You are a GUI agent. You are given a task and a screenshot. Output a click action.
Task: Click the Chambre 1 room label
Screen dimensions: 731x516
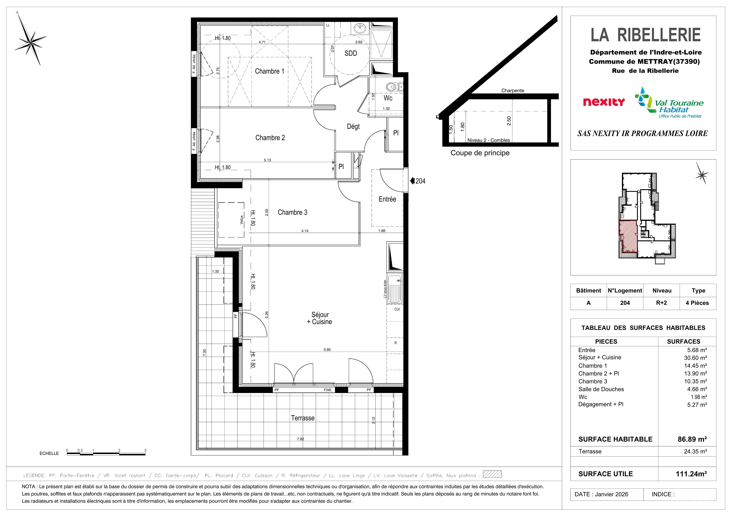click(269, 71)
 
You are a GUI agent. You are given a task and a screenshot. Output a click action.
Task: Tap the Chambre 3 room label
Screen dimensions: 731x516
click(292, 212)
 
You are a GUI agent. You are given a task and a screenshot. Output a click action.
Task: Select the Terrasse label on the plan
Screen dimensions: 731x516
click(303, 418)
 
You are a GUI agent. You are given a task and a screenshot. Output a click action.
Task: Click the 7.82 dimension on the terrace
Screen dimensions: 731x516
click(300, 439)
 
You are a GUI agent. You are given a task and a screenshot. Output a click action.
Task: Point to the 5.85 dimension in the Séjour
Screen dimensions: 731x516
click(327, 350)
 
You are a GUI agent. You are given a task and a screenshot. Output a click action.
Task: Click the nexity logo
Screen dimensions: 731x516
click(604, 102)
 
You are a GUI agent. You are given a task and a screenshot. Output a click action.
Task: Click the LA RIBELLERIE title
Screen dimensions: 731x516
click(646, 35)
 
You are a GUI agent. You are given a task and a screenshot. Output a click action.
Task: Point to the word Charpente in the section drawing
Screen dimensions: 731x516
click(513, 91)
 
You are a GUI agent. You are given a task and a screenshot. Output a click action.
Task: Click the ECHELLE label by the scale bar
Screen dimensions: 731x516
click(49, 453)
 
